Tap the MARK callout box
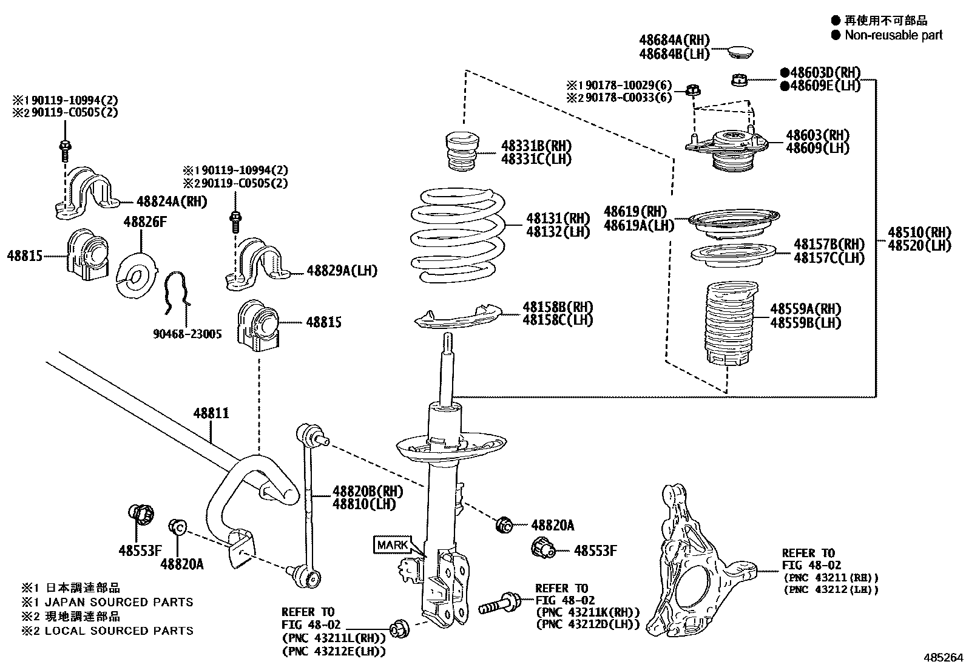coord(393,544)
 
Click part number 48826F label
coord(144,222)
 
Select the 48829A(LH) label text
coord(342,271)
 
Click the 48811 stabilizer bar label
coord(211,413)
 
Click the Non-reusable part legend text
coord(893,35)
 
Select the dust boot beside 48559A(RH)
coord(730,325)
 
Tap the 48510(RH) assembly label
coord(919,232)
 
